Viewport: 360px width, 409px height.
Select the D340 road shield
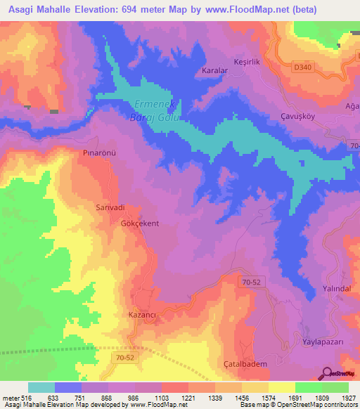click(x=302, y=66)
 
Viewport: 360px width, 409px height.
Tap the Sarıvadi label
click(x=110, y=208)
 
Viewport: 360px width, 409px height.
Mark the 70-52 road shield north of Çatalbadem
click(x=243, y=283)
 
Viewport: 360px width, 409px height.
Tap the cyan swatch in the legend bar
click(x=41, y=387)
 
